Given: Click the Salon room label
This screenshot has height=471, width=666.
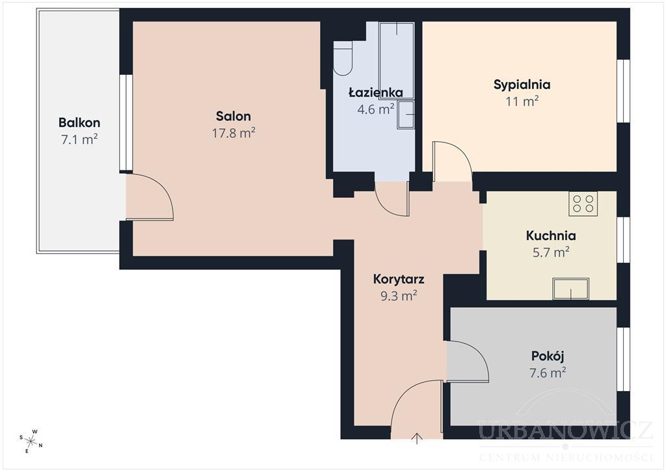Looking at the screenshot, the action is tap(233, 116).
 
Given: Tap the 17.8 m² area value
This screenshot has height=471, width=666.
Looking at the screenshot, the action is tap(233, 133).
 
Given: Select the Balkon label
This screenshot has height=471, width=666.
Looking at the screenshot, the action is tap(79, 123).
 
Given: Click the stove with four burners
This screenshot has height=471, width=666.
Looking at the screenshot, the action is tap(583, 202).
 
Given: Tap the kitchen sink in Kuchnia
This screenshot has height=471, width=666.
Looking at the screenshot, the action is tap(571, 289).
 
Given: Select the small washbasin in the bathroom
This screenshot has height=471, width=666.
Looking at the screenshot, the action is tap(406, 114).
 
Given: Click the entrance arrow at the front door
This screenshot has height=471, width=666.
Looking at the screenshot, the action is tap(417, 438).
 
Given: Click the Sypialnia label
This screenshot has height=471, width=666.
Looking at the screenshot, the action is tap(522, 85).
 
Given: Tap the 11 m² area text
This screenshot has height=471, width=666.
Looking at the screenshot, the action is tap(522, 101).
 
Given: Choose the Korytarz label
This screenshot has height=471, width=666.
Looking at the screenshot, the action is tap(399, 280).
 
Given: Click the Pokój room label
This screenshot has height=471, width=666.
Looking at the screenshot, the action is tap(548, 356).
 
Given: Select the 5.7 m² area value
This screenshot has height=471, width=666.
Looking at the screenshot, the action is tap(551, 252).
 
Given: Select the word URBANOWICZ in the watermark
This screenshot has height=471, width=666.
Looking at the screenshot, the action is tap(565, 430).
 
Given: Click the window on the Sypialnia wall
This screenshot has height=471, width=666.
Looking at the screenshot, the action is tap(623, 91).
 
